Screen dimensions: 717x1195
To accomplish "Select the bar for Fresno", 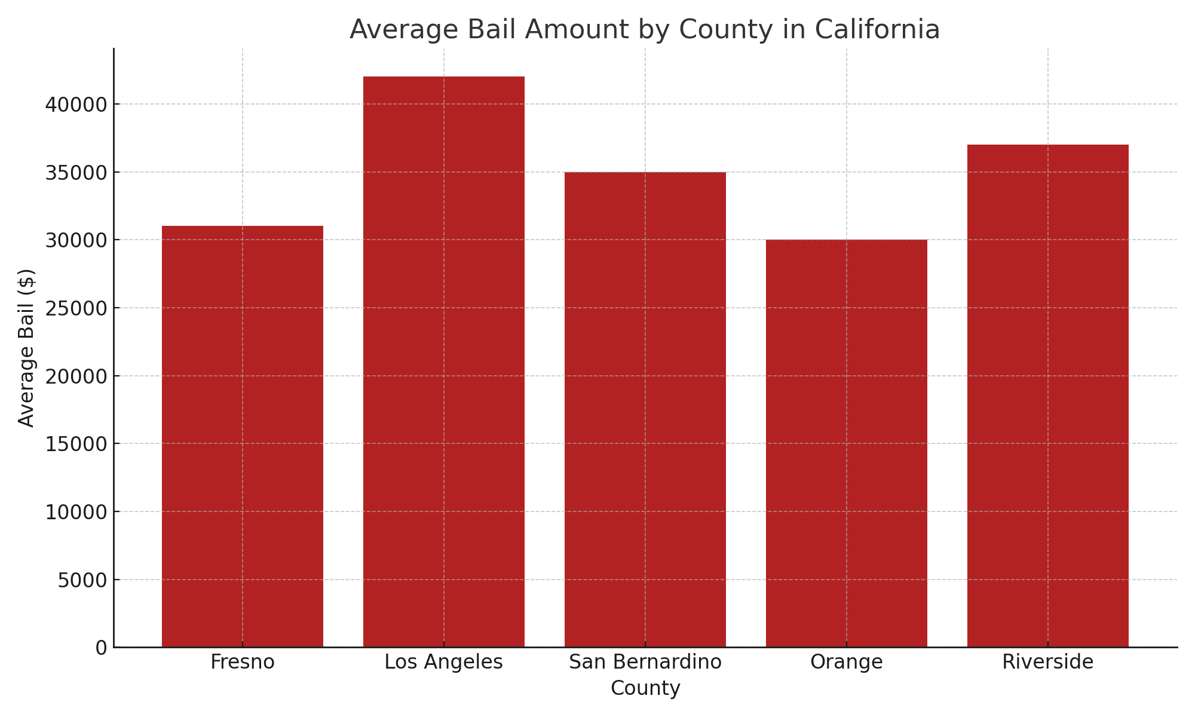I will coord(243,436).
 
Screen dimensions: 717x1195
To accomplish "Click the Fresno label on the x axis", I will coord(243,662).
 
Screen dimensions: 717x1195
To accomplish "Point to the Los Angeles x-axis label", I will coord(444,662).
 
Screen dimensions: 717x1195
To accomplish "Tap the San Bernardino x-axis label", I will coord(645,662).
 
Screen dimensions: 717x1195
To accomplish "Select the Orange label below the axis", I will coord(847,662).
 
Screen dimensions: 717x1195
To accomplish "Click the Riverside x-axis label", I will coord(1048,662).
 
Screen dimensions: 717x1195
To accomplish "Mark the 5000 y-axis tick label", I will coord(82,580).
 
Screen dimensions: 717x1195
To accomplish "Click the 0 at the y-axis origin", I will coord(101,648).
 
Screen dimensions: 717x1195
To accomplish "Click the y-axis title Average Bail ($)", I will coord(26,348).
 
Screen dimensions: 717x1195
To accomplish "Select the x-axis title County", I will coord(645,688).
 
